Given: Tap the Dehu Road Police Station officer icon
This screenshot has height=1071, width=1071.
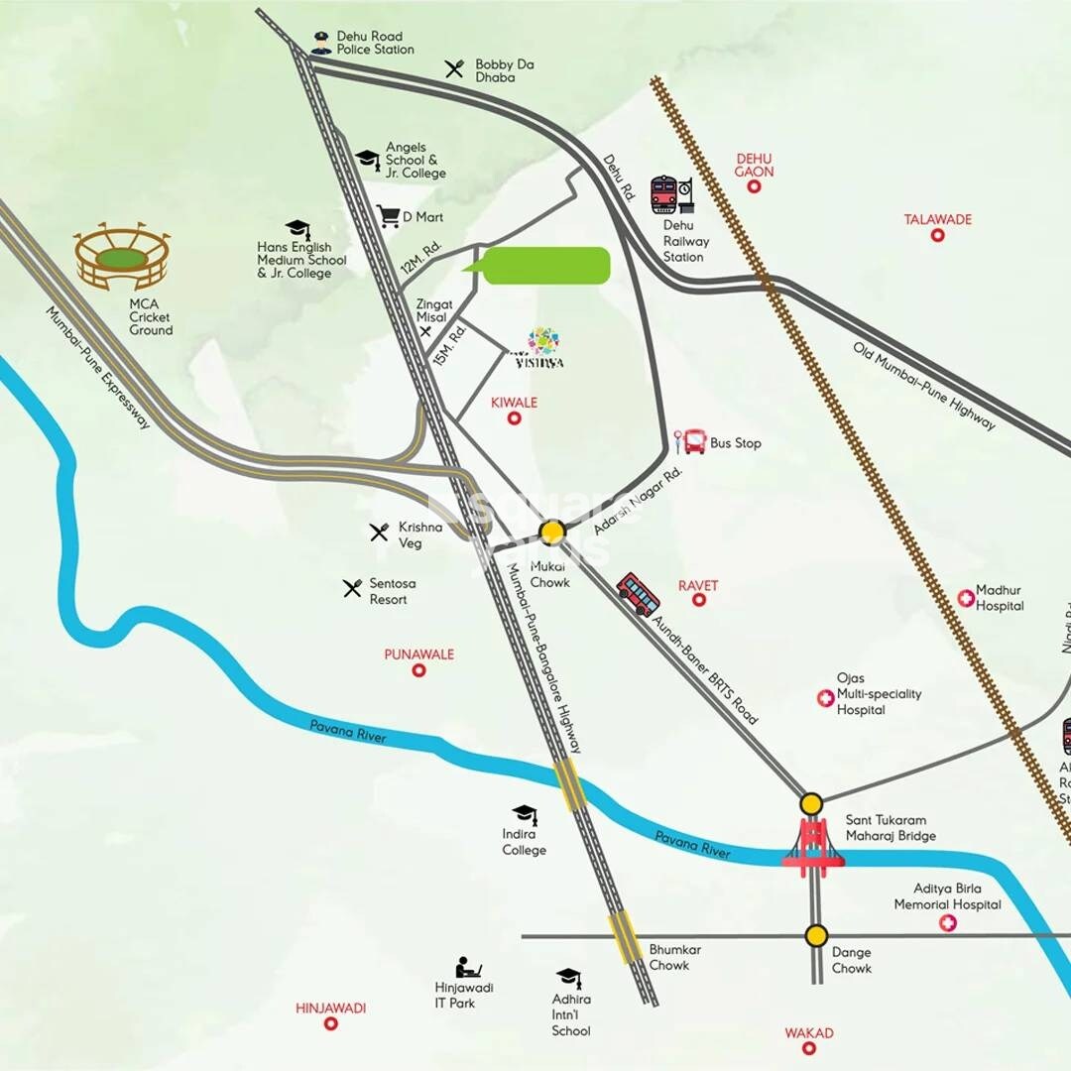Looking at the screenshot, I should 320,43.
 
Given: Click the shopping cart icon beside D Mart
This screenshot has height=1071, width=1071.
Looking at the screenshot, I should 388,215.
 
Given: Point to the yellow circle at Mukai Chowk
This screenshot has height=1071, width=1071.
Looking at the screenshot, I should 552,533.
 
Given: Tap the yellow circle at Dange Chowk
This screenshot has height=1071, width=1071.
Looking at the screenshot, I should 816,935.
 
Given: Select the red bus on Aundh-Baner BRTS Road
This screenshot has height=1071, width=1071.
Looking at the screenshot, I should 638,594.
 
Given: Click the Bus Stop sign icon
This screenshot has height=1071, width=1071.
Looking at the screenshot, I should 691,441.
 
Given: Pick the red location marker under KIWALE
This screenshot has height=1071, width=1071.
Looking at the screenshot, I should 514,419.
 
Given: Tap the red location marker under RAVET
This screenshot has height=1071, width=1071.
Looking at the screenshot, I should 698,600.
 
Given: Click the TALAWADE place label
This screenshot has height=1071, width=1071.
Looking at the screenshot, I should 937,219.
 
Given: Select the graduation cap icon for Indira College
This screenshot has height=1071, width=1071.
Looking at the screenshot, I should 524,815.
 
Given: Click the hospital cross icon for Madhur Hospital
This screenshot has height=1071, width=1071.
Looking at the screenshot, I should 965,598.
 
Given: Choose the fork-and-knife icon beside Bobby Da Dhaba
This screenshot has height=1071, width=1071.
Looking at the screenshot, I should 455,68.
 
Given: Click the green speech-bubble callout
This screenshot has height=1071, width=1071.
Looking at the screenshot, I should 543,266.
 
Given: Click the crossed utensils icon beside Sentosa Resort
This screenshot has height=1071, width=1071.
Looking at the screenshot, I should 352,588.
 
